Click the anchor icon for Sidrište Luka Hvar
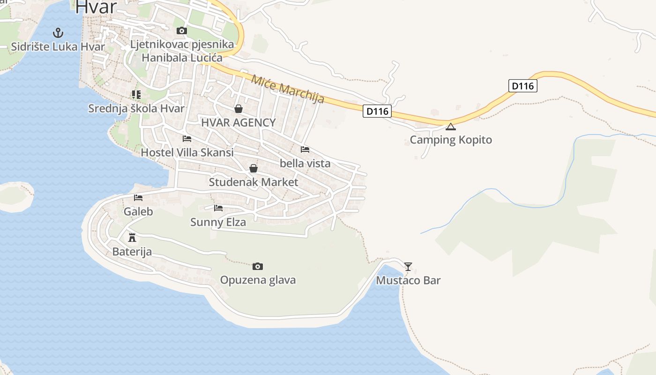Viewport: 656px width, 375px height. click(58, 33)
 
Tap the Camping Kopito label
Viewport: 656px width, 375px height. click(451, 140)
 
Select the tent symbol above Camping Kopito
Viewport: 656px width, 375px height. click(450, 126)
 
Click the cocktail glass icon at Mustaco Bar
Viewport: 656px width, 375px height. click(408, 267)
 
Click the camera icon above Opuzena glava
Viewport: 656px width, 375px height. click(257, 266)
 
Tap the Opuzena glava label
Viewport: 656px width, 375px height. click(258, 280)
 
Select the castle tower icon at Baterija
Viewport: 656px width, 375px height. click(132, 238)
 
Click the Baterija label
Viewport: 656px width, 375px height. click(132, 252)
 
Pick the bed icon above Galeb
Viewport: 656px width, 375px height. click(138, 198)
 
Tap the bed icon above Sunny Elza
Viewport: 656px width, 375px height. click(218, 208)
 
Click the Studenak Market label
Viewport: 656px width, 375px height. click(253, 182)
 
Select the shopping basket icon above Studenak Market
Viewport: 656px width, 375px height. click(253, 168)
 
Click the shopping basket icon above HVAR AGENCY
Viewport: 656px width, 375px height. click(239, 109)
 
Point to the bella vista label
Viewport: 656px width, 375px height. click(305, 163)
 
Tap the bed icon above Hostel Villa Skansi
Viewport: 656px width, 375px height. click(187, 139)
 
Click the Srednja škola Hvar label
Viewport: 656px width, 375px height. click(136, 108)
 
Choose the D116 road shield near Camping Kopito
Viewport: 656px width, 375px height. click(377, 111)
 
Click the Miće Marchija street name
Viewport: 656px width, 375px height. click(288, 89)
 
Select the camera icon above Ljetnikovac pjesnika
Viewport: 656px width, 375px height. click(182, 31)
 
